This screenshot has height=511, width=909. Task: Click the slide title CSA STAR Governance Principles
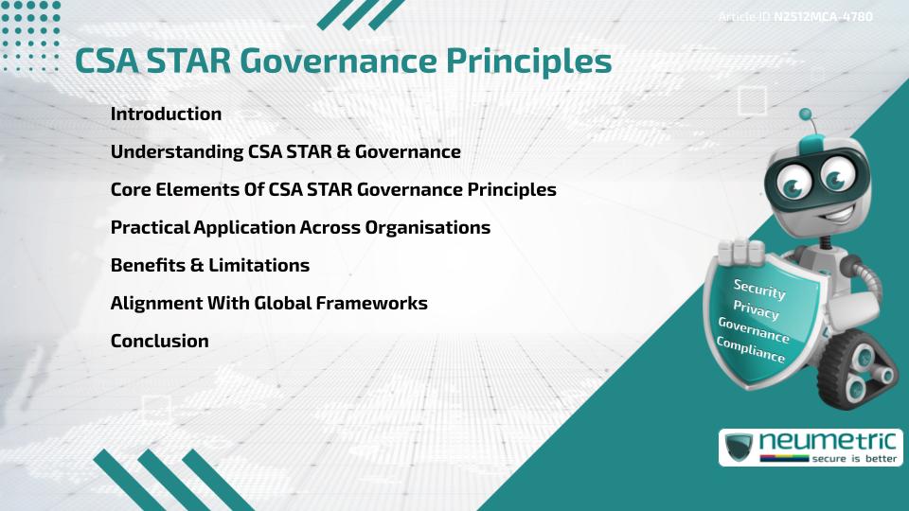tap(343, 61)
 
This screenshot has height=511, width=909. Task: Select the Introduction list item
tap(166, 114)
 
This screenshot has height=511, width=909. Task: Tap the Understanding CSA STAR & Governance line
tap(285, 151)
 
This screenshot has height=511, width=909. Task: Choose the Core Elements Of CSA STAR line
tap(332, 189)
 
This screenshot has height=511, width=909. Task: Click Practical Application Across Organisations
tap(300, 227)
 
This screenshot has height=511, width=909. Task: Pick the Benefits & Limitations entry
tap(209, 265)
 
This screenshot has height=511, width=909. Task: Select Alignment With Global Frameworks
tap(269, 303)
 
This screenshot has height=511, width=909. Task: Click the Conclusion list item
tap(159, 341)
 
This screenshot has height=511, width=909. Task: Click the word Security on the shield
tap(759, 289)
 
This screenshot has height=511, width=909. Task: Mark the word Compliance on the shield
tap(750, 350)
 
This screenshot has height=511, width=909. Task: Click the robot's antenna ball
tap(806, 115)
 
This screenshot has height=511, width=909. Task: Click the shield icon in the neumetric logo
tap(738, 447)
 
